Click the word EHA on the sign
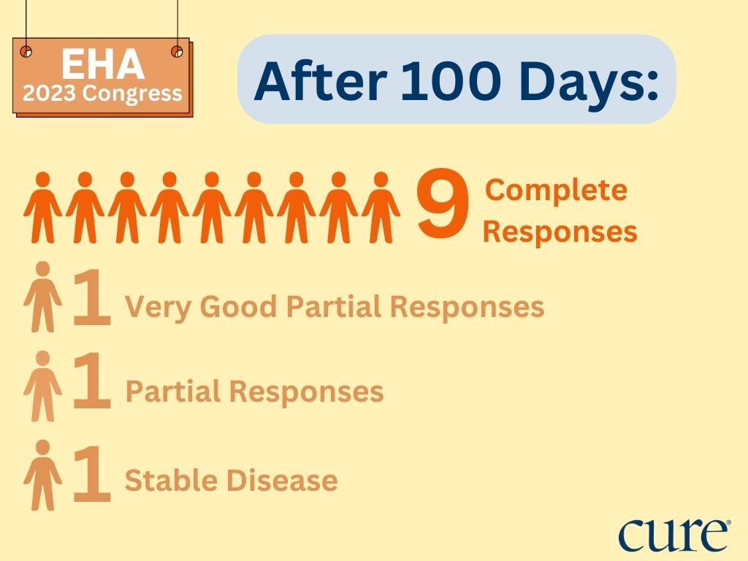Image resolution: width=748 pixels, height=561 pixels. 103,64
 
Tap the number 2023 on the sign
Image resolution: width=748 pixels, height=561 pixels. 49,93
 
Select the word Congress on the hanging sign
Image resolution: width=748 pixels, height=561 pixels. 132,95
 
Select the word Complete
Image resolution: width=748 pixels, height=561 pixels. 556,191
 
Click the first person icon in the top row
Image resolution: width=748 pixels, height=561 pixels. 43,207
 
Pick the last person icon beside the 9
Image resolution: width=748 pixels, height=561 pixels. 381,207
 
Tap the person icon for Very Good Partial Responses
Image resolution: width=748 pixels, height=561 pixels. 43,297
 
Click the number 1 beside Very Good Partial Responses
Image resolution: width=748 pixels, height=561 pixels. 91,297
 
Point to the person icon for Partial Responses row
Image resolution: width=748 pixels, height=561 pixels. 43,386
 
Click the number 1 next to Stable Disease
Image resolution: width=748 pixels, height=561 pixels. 91,474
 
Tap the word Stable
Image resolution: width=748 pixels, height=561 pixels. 171,480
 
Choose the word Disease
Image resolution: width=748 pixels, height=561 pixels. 282,480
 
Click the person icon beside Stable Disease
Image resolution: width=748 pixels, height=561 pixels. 43,475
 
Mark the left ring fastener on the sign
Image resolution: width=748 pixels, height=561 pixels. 26,51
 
